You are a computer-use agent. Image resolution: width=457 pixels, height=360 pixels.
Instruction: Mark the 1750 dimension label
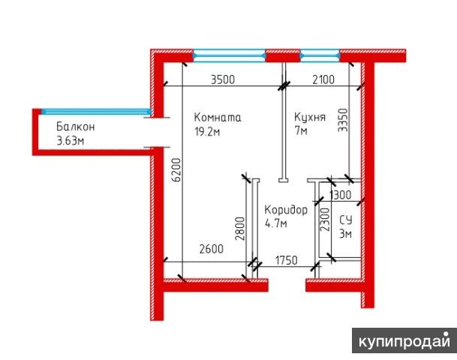coord(286,259)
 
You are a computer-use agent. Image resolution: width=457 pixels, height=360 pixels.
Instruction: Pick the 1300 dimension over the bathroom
coord(341,195)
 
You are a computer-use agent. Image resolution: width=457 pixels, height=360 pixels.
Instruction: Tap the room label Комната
coord(217,118)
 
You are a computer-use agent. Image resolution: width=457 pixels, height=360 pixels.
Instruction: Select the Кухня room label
coord(309,118)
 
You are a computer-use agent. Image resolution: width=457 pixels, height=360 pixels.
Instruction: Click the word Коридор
coord(286,211)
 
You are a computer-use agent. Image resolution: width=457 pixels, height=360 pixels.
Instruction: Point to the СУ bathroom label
coord(345,220)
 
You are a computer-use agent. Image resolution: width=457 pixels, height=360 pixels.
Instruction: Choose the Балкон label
coord(76,127)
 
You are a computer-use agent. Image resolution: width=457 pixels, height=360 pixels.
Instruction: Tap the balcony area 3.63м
coord(70,140)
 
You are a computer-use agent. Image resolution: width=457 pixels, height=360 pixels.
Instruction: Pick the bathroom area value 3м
coord(345,234)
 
